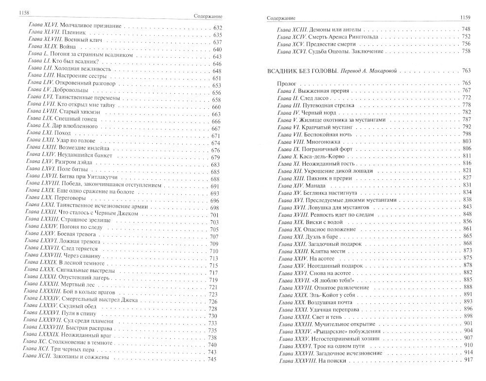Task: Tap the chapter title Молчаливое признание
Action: (x=88, y=28)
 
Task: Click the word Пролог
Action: (x=286, y=83)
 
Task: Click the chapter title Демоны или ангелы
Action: (x=338, y=29)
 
